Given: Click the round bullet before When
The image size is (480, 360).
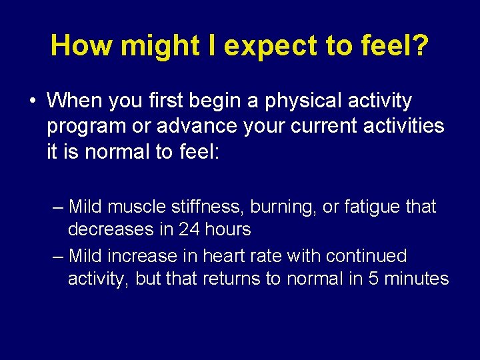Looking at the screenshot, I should click(x=33, y=101).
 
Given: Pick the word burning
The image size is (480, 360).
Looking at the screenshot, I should click(x=285, y=207).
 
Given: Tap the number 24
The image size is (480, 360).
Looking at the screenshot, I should click(x=188, y=230).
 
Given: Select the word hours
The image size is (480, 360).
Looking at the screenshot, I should click(x=227, y=230).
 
